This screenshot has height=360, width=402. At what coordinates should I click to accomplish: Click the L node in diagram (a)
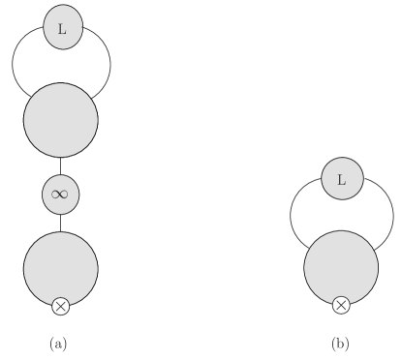coord(62,29)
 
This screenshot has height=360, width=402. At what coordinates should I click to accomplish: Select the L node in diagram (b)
coord(341,179)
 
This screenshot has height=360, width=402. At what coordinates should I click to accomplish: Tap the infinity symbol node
coord(60,194)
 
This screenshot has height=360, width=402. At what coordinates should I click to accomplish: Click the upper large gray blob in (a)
coord(60,120)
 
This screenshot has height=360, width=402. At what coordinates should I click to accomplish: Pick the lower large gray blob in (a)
coord(60,265)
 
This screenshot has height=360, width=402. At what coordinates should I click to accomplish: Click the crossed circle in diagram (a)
coord(60,307)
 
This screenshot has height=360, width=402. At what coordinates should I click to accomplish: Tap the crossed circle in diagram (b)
coord(341,306)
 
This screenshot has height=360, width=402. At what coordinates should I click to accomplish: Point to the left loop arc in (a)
coord(13,66)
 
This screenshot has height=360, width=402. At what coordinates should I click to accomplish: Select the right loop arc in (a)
coord(109,66)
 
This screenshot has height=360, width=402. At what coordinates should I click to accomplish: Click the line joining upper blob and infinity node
coord(60,165)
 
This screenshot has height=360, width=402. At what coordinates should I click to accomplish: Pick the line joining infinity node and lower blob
coord(60,221)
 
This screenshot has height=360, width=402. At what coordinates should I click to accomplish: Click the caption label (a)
coord(58,343)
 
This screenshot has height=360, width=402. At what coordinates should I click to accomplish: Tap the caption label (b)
coord(340,343)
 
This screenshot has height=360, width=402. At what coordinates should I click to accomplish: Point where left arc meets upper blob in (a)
coord(31,96)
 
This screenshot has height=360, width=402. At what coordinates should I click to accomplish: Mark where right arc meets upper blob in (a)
coord(90,97)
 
